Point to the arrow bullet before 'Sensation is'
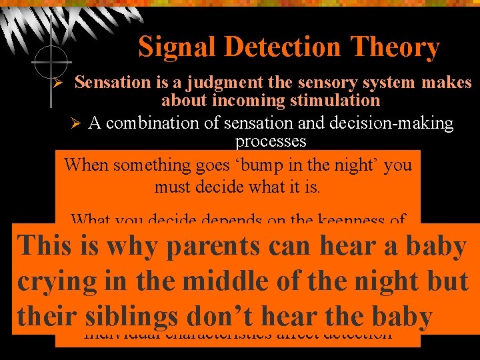(58, 84)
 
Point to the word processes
(271, 141)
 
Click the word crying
(57, 282)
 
